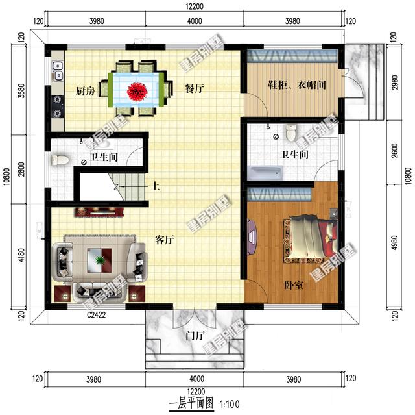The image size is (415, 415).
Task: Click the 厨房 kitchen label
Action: point(85,91)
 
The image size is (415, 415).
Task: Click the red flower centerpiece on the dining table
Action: point(136,90)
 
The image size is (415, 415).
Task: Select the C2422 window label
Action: point(97,314)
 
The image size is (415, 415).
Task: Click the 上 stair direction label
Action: point(156,187)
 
